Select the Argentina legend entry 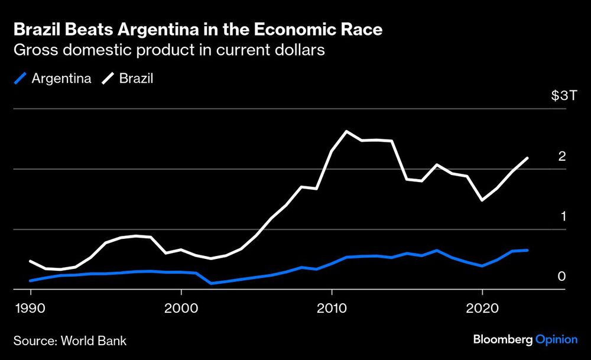point(61,78)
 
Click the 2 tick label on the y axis point(562,157)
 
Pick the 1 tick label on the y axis point(563,216)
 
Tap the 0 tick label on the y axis point(562,277)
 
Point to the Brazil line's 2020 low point point(483,200)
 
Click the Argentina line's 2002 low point point(211,283)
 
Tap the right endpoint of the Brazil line point(527,158)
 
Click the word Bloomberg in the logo point(502,339)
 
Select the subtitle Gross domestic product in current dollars point(169,50)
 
